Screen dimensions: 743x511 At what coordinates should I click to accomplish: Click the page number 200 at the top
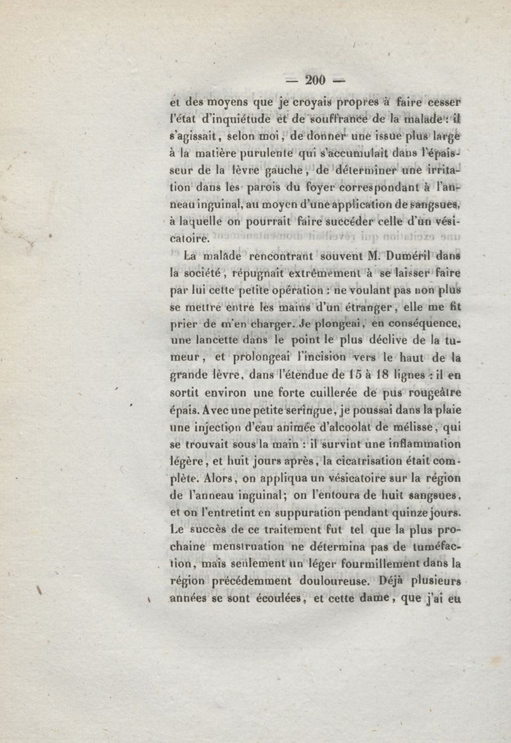click(x=316, y=80)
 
